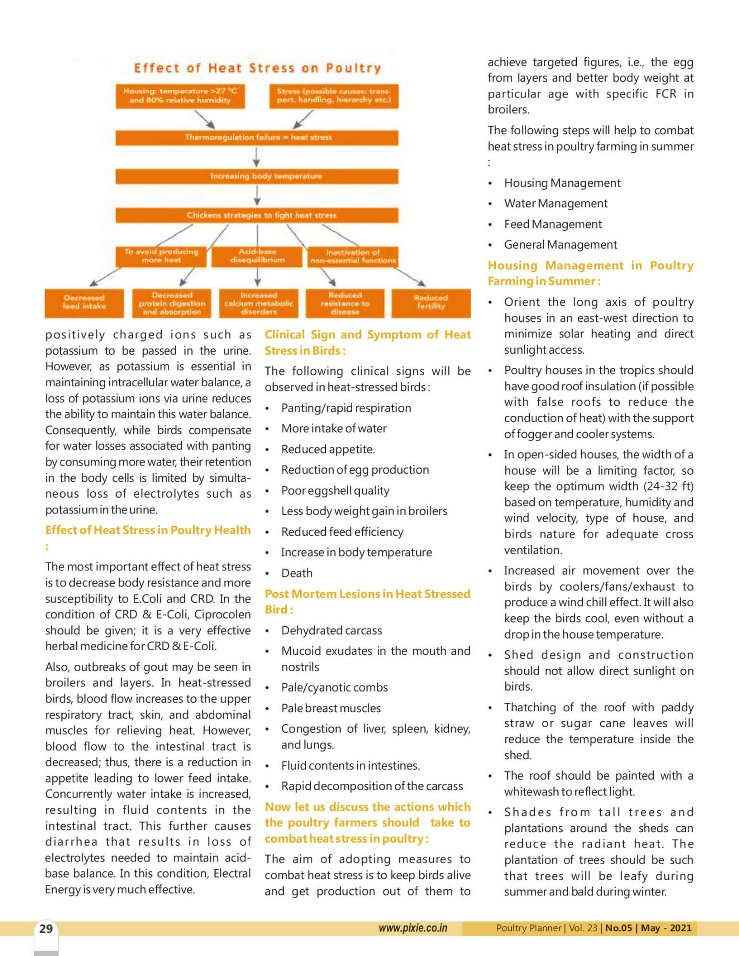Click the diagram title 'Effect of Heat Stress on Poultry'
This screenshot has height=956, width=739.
(x=257, y=68)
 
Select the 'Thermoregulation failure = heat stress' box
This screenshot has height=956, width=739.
(x=257, y=138)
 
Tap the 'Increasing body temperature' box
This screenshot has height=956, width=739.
(x=257, y=176)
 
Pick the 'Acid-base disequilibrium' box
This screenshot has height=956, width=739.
(x=257, y=256)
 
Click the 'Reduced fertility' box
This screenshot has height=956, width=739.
(x=430, y=303)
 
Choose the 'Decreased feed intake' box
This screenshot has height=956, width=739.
(x=84, y=303)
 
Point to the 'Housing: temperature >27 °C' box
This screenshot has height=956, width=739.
(x=180, y=96)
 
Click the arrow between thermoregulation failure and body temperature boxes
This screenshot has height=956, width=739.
(x=257, y=157)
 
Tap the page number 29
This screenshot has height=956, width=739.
(x=46, y=929)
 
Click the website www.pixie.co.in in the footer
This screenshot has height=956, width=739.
(x=413, y=928)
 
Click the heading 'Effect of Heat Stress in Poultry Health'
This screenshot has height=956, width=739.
(x=148, y=530)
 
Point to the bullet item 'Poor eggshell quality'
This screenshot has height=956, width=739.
(x=335, y=490)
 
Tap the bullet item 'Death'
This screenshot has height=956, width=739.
(x=297, y=573)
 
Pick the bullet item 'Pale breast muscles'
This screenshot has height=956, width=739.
(x=331, y=708)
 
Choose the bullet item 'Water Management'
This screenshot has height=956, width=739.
(x=555, y=204)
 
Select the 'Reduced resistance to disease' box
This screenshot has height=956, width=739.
(x=345, y=303)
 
